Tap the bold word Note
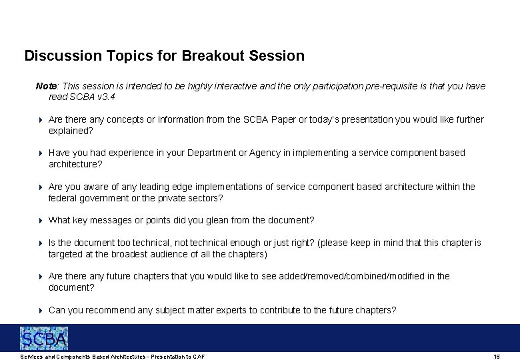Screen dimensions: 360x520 46,86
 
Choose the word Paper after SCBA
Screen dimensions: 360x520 282,119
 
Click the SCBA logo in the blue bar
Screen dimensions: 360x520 44,338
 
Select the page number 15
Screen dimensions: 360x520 496,357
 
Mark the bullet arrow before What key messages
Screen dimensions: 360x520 40,220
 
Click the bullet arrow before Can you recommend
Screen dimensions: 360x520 40,310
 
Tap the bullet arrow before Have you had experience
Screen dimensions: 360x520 40,153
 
